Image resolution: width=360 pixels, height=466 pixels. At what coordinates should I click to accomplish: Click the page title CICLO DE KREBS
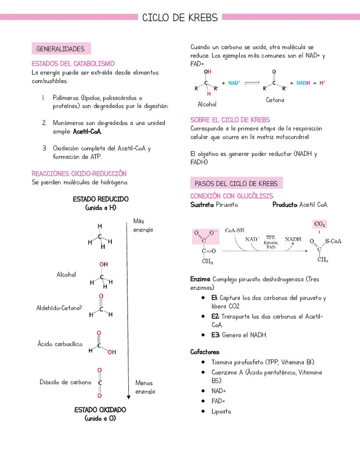(x=180, y=18)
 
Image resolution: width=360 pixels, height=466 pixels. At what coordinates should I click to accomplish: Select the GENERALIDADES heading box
(x=61, y=49)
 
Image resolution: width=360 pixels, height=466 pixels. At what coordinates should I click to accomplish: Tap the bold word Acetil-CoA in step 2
(x=87, y=131)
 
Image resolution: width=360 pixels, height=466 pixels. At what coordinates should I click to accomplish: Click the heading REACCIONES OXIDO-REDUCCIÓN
(x=79, y=174)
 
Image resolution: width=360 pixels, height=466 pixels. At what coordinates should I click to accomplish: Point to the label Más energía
(x=143, y=225)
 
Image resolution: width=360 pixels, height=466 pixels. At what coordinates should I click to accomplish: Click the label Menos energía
(x=145, y=387)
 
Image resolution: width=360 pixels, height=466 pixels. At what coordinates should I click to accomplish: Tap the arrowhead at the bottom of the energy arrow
(x=128, y=397)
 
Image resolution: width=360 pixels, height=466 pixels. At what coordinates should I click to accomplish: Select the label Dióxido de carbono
(x=66, y=382)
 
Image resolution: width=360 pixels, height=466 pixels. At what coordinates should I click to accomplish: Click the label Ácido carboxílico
(x=60, y=344)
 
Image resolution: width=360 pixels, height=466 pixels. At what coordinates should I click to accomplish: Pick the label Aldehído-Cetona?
(x=59, y=308)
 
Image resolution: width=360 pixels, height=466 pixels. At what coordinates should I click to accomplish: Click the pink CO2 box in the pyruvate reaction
(x=320, y=224)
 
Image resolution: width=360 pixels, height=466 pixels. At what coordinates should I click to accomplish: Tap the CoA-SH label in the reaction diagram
(x=234, y=230)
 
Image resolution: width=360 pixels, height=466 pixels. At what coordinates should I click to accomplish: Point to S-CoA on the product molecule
(x=333, y=241)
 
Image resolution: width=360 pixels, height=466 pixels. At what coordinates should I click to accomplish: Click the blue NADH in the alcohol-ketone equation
(x=303, y=83)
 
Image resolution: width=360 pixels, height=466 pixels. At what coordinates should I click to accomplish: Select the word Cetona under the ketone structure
(x=275, y=100)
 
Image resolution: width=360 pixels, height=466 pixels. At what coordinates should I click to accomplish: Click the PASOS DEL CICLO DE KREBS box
(x=237, y=183)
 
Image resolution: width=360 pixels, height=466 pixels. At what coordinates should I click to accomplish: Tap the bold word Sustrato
(x=202, y=205)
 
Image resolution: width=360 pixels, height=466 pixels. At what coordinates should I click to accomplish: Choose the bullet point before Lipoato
(x=203, y=411)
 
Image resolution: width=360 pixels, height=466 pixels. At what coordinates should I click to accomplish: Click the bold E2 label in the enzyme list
(x=216, y=316)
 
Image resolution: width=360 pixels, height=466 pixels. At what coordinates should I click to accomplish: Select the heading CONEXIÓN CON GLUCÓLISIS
(x=232, y=196)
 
